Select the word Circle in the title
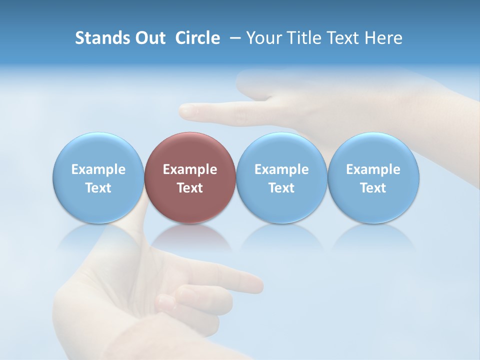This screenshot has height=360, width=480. pos(197,38)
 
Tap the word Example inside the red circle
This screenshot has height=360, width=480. pos(190,169)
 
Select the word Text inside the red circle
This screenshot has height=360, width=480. pos(190,188)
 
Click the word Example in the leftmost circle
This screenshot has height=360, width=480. pos(98,169)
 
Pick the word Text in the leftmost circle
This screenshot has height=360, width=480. pos(98,188)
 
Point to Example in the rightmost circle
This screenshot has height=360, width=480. pos(373,169)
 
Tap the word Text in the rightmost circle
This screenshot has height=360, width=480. pos(373,188)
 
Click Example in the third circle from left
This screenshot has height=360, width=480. pos(281,169)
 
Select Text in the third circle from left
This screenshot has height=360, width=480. pos(281,188)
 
